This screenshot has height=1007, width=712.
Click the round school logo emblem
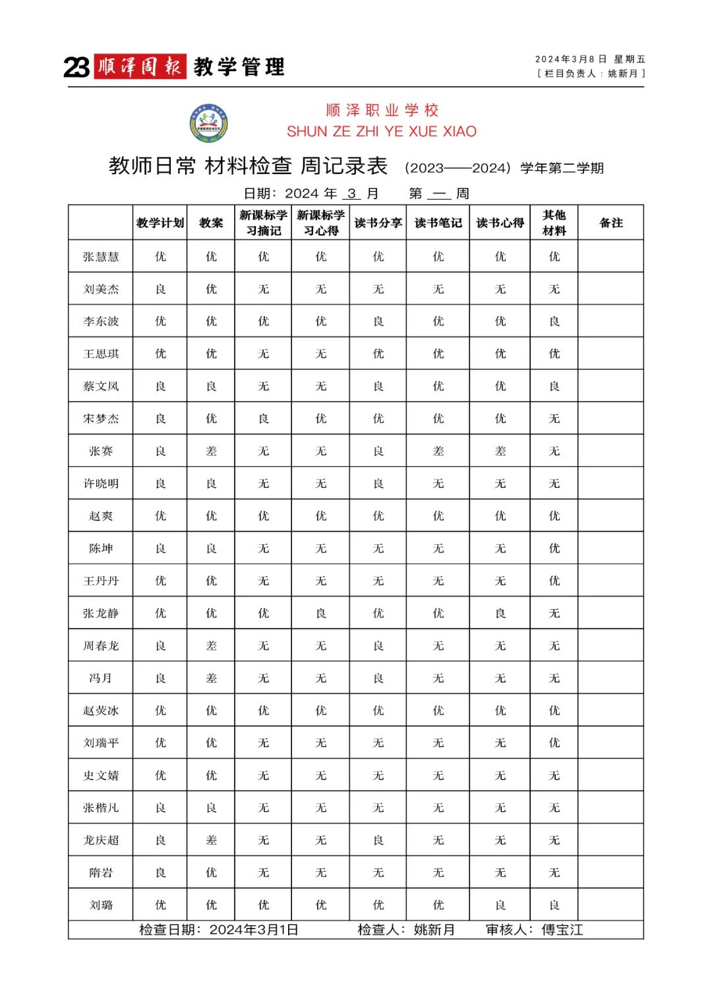(x=209, y=123)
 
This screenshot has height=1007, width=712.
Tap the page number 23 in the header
(x=76, y=67)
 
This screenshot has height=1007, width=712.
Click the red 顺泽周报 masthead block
(x=140, y=67)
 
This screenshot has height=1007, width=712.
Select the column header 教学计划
(x=160, y=223)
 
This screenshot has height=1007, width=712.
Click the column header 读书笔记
(x=438, y=223)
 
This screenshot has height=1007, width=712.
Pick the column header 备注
(x=611, y=223)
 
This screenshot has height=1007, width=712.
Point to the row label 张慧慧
(x=101, y=257)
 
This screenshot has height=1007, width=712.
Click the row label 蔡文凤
(x=101, y=386)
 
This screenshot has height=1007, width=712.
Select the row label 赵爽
(x=101, y=516)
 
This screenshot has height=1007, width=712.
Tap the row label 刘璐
(x=101, y=905)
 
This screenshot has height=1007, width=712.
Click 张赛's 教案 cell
(x=211, y=451)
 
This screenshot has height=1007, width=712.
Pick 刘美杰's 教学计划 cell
(x=160, y=289)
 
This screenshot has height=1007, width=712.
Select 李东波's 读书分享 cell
(x=378, y=321)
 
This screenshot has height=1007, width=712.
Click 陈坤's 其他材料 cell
(x=554, y=548)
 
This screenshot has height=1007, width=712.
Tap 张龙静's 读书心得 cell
(x=500, y=613)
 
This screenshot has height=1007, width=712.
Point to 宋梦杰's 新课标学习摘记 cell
(x=264, y=419)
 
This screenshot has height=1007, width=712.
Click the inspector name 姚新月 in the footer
(x=434, y=930)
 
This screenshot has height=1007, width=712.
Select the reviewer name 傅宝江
(x=562, y=930)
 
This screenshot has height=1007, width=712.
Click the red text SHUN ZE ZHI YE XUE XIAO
(x=382, y=131)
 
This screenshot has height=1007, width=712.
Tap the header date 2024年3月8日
(x=571, y=59)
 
